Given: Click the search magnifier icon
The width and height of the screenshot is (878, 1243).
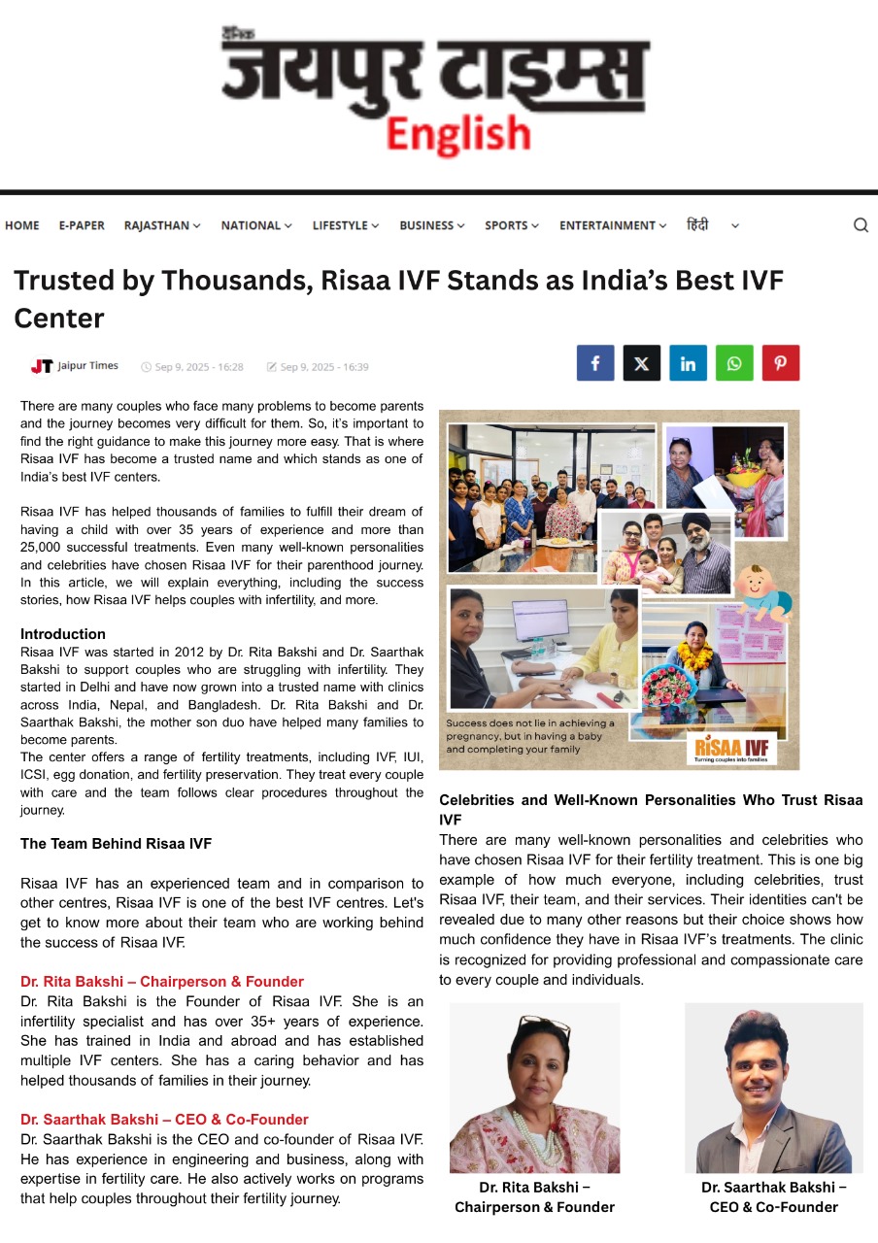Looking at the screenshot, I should point(861,225).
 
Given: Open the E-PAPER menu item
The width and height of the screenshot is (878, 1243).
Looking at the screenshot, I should point(82,225).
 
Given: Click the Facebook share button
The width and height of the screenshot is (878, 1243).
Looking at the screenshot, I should point(595,363).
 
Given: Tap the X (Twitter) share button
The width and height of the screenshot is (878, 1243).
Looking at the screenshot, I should point(641,363).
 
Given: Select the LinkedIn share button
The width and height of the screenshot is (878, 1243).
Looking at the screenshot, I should point(688,363).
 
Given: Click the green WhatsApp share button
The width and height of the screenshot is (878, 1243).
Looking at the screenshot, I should point(734,363).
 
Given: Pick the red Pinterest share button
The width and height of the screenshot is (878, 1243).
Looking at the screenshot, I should point(780,363).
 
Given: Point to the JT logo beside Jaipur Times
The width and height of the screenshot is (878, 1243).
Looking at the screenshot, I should point(42,366).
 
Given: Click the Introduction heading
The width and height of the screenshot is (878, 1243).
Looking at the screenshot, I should point(63,634).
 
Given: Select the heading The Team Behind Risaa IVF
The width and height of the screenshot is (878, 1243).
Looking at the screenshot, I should point(116,844).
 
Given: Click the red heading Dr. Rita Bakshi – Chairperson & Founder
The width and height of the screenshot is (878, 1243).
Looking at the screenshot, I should point(162,982).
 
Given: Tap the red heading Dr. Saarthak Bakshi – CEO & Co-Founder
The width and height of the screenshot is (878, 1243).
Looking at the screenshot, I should point(164,1120).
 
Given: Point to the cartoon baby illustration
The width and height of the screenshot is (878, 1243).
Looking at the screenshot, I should point(762,588).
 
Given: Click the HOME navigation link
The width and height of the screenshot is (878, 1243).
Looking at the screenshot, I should point(22,225).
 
